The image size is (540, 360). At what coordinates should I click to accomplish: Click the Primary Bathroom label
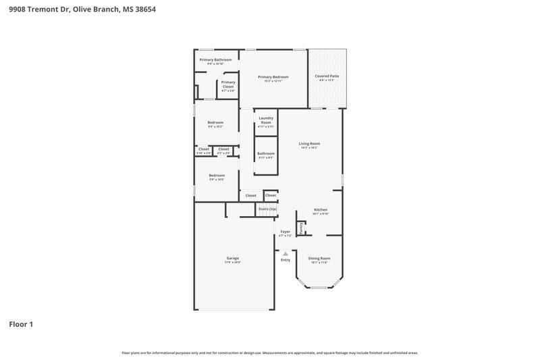pos(215,59)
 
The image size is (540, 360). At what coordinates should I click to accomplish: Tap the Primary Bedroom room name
pos(273,77)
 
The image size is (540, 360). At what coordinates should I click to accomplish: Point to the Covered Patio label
pos(327,76)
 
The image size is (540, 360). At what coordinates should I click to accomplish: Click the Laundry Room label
pos(265,120)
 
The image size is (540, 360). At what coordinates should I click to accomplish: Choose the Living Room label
pos(309,143)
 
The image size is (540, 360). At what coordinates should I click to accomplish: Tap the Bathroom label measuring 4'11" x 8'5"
pos(265,153)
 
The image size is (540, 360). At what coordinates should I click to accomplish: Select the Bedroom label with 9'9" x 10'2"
pos(215,122)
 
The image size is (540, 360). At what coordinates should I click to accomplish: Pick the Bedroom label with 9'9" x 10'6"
pos(217,176)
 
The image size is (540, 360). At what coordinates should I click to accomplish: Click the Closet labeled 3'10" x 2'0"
pos(203,149)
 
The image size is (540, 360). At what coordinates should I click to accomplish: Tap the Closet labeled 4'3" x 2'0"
pos(223,149)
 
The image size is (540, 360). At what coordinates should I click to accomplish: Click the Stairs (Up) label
pos(267,209)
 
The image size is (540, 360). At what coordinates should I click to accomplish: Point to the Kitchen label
pos(321,210)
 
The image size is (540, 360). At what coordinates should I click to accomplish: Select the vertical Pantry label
pos(301,230)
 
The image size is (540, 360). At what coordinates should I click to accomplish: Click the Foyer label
pos(285,232)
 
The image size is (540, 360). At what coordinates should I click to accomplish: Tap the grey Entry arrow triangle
pos(285,254)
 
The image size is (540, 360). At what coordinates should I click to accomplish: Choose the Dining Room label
pos(319,258)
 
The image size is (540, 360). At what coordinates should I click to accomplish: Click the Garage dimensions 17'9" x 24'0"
pos(233,262)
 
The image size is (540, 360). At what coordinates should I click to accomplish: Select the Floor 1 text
pos(20,324)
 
